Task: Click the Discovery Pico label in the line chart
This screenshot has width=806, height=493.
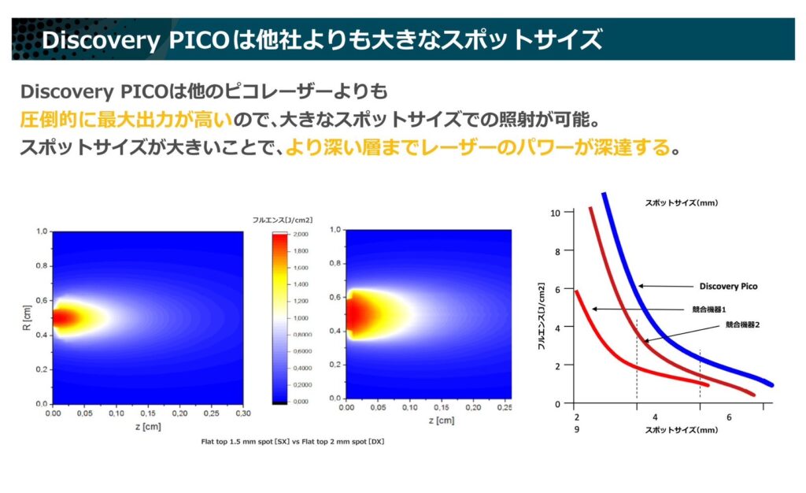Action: [728, 286]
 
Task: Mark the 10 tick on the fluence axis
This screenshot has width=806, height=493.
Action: [556, 213]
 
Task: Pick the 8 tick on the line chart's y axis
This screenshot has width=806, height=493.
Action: [558, 251]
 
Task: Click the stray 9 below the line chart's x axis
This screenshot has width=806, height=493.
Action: [577, 430]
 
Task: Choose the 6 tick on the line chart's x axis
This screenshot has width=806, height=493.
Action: [729, 417]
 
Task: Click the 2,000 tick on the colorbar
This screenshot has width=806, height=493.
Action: [299, 234]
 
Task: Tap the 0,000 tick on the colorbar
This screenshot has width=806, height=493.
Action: [299, 402]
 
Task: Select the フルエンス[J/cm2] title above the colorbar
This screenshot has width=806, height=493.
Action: [281, 221]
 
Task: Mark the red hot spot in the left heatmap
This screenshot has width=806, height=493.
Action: [63, 318]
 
